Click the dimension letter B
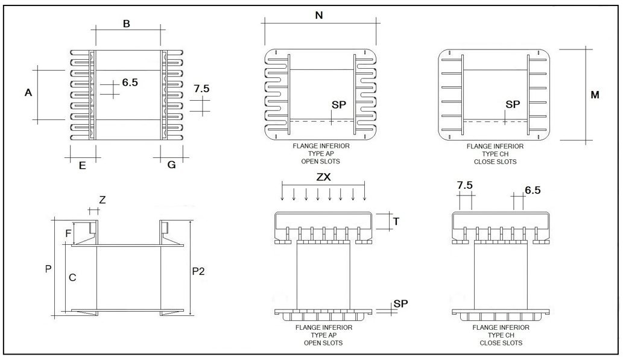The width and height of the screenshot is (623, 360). click(x=126, y=24)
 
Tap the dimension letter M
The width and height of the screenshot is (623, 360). click(x=595, y=95)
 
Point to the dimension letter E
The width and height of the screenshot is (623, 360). click(x=82, y=165)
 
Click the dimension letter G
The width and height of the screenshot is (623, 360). click(x=172, y=164)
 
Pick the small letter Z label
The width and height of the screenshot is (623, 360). click(x=102, y=200)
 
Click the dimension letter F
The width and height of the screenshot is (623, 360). click(x=68, y=232)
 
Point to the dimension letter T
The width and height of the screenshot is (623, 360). click(x=396, y=221)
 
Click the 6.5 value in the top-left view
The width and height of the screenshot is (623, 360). click(x=130, y=83)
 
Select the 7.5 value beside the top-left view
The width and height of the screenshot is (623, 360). click(x=201, y=89)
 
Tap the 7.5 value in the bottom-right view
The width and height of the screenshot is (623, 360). click(x=465, y=185)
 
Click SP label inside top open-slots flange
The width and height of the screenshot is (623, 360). click(x=340, y=105)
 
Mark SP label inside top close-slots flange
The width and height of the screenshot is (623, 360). click(x=513, y=104)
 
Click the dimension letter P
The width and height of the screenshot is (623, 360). click(x=48, y=270)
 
